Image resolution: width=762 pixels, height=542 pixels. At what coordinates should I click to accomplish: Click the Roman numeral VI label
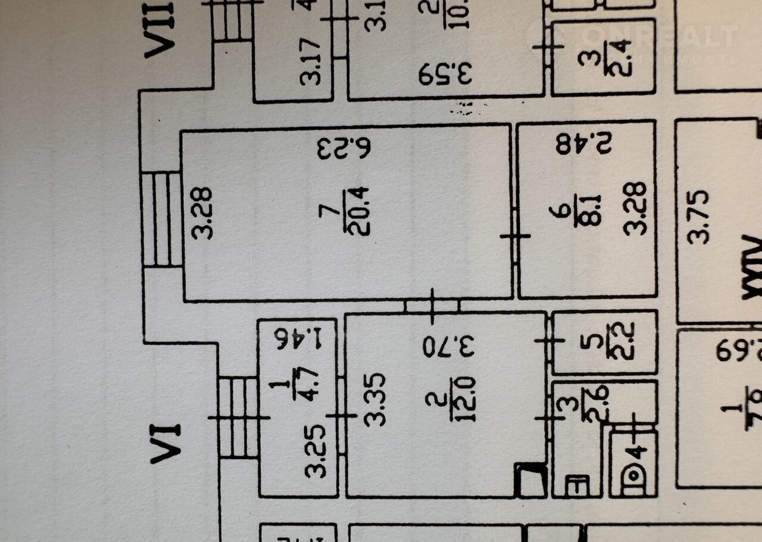[165, 443]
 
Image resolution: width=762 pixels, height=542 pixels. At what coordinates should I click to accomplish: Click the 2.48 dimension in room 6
[584, 144]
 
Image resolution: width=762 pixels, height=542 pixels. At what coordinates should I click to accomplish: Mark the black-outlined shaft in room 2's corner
[531, 480]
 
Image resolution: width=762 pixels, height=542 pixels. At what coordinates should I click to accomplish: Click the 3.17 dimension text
[311, 61]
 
